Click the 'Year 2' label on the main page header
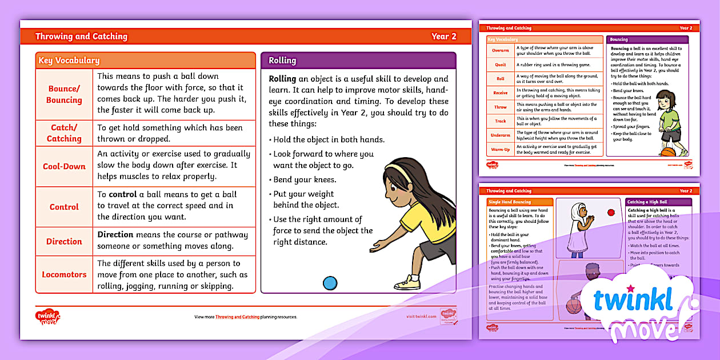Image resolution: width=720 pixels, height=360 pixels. tap(443, 37)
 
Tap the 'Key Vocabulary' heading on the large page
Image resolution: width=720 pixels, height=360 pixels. tap(69, 61)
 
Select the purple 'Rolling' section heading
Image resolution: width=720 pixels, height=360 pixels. tap(282, 61)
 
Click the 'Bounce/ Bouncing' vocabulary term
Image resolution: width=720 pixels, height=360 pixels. tap(64, 94)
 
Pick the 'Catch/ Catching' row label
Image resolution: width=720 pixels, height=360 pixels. tap(64, 133)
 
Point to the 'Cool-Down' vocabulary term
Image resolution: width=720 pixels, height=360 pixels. tap(64, 167)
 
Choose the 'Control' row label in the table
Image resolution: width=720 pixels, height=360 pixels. tap(64, 207)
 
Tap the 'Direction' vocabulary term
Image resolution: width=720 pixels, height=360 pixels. tap(64, 241)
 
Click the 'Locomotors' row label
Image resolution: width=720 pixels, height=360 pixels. tap(64, 274)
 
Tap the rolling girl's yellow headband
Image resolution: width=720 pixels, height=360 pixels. tap(400, 166)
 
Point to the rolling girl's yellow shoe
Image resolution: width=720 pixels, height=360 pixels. tap(407, 282)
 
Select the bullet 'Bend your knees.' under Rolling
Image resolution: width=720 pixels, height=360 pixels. tap(305, 180)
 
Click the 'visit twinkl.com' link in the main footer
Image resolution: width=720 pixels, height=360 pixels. tap(421, 317)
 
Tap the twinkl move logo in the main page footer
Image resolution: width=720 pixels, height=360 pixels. tap(47, 316)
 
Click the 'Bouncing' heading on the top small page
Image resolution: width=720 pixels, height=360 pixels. tap(619, 40)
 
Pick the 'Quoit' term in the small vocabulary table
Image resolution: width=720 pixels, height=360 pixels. tap(500, 65)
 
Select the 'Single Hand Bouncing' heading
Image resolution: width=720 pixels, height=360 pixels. tap(510, 202)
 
